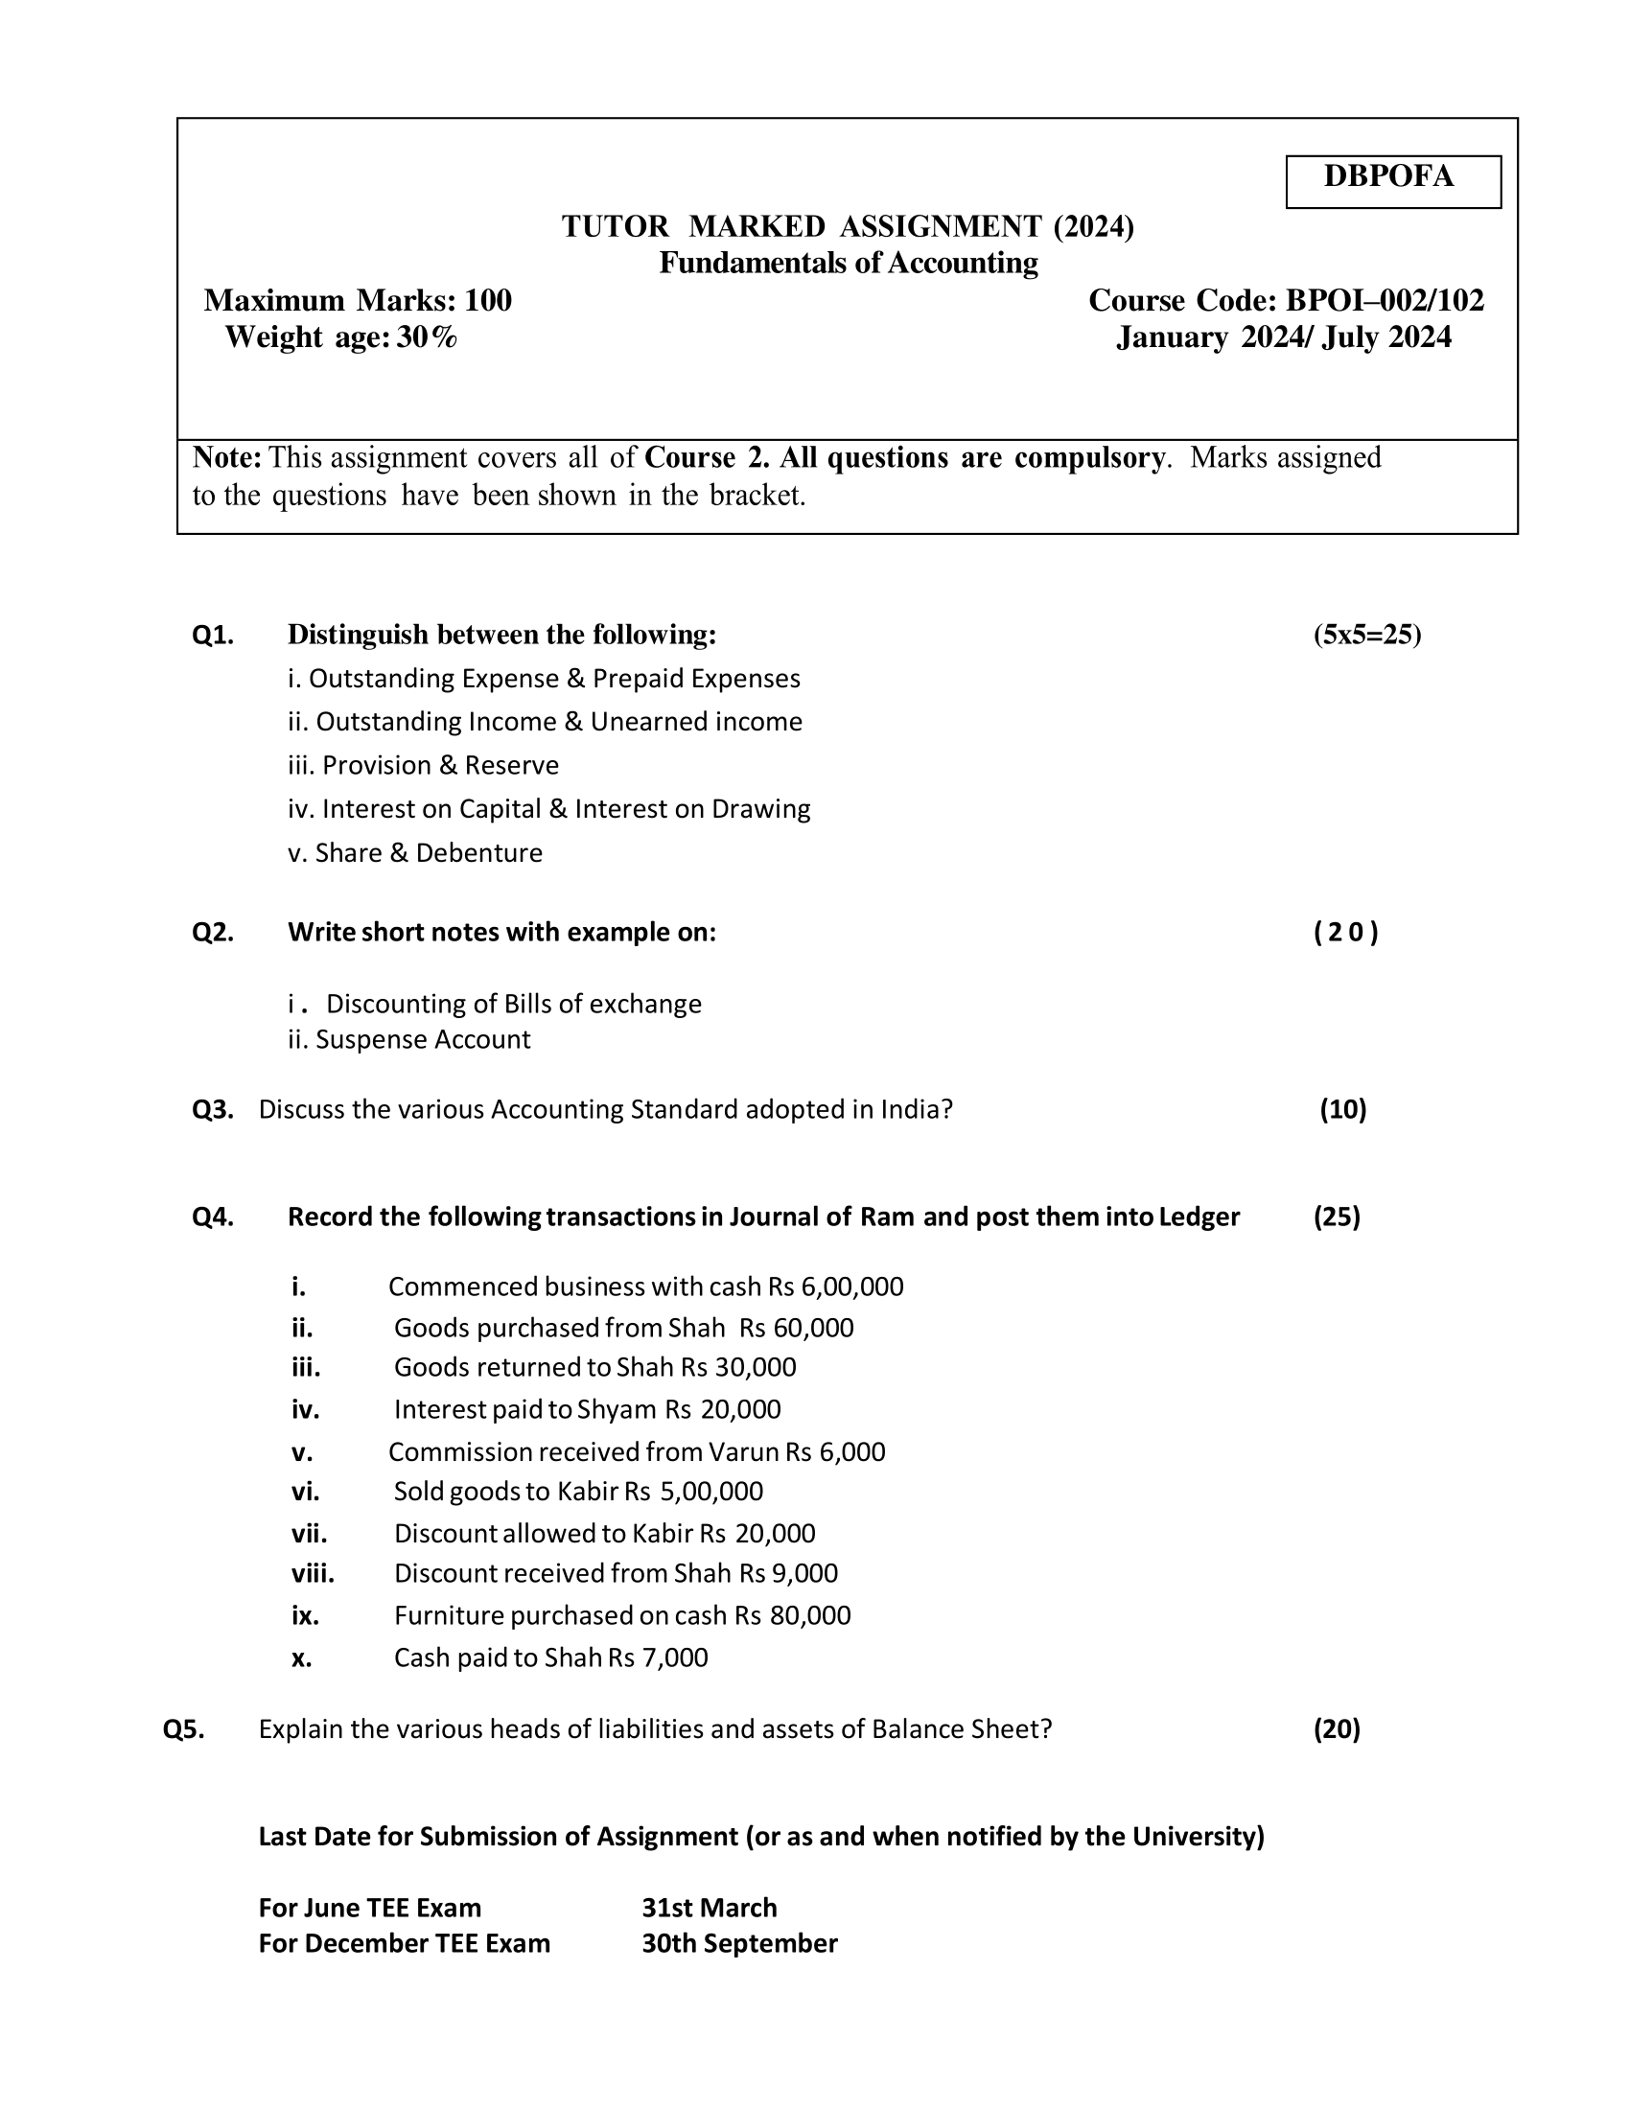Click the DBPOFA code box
[1392, 180]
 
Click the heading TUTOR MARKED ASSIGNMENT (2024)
[848, 226]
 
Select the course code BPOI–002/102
[1385, 300]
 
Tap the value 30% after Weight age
[427, 337]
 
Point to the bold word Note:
[228, 456]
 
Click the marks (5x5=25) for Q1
[1366, 635]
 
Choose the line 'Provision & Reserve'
[423, 765]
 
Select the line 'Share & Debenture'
[415, 852]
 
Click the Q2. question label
[213, 932]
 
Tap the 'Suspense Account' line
[423, 1039]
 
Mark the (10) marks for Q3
[1343, 1108]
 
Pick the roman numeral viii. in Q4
[313, 1573]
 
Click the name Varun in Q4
[743, 1451]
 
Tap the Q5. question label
[183, 1728]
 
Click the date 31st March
[709, 1907]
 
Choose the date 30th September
[739, 1943]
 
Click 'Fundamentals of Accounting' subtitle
[848, 263]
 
